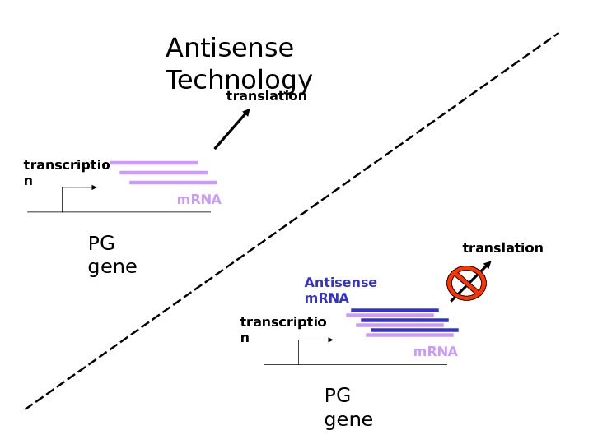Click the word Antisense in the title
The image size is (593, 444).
pos(229,49)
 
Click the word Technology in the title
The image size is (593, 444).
pos(239,81)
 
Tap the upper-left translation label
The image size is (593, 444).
pos(266,96)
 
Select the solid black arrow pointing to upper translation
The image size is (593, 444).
pos(232,129)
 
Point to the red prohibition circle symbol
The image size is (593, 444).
pos(466,283)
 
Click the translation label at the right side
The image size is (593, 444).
pos(502,248)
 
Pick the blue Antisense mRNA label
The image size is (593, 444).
pos(340,290)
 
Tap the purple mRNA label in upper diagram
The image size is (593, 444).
pos(198,200)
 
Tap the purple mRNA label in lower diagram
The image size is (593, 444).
pos(435,352)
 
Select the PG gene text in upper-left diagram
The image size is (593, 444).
pos(112,255)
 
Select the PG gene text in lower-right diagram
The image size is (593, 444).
pos(348,408)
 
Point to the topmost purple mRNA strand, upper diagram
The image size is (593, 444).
pos(153,163)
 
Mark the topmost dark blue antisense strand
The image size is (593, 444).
pos(395,310)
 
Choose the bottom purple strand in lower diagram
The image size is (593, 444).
pos(409,335)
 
